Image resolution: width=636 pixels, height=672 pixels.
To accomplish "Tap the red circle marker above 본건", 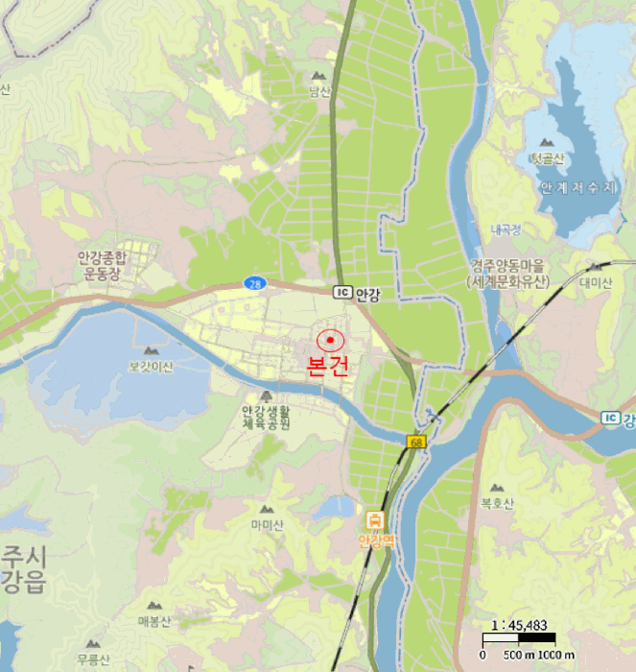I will (x=331, y=341).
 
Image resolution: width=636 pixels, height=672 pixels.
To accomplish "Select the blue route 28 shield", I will (x=253, y=283).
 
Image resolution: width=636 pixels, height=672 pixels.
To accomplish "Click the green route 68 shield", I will (x=414, y=442).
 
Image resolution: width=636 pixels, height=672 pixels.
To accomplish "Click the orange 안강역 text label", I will (x=376, y=541).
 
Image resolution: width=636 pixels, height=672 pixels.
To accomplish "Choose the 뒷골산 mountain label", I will (x=551, y=157).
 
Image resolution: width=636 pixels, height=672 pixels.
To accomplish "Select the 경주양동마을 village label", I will (x=508, y=264).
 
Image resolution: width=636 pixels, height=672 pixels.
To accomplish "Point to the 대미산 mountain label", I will (x=596, y=282).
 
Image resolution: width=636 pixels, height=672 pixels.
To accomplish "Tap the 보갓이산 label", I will (x=151, y=366).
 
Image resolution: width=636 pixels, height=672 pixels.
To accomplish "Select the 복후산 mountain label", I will (x=497, y=504).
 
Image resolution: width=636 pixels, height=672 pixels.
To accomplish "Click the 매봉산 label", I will (x=153, y=621).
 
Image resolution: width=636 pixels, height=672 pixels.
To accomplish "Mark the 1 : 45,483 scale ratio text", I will (x=519, y=624).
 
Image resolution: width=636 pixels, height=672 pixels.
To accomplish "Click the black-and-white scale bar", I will (x=519, y=638).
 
